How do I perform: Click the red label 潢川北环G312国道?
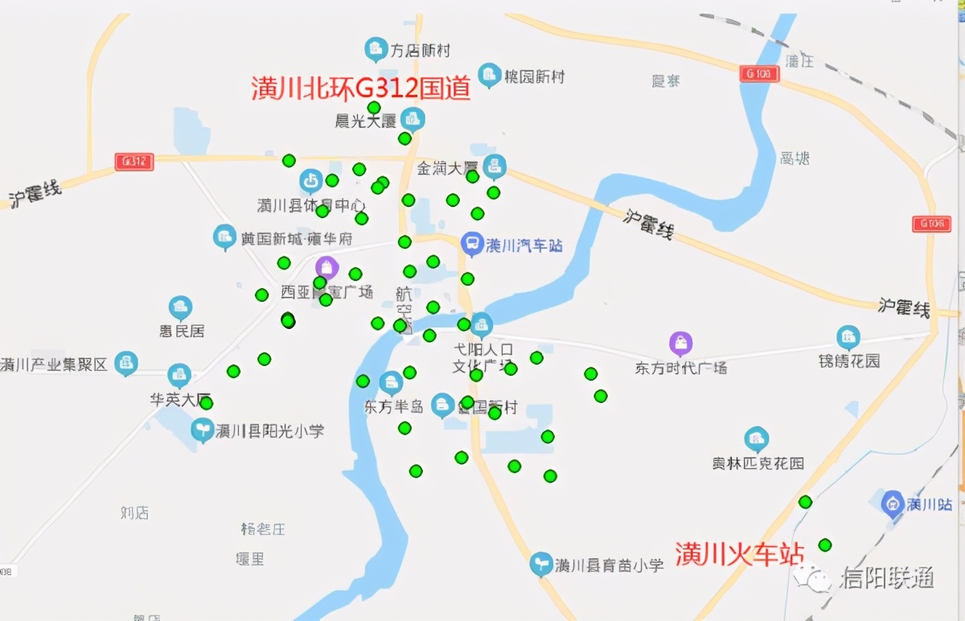[x=361, y=88]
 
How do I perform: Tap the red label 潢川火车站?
[x=739, y=554]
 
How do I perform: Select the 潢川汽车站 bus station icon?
[x=472, y=244]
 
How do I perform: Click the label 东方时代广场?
[x=681, y=368]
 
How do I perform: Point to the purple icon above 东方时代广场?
[x=681, y=343]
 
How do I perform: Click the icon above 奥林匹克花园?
[x=756, y=439]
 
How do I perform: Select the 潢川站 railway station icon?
[x=892, y=504]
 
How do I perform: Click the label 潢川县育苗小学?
[x=609, y=565]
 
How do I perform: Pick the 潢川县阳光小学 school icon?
[x=203, y=430]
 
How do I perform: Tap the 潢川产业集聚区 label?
[x=54, y=364]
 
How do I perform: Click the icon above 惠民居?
[x=180, y=307]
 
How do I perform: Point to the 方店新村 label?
[x=420, y=51]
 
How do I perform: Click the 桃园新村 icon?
[x=489, y=76]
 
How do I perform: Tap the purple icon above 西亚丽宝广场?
[x=326, y=267]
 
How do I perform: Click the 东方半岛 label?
[x=393, y=407]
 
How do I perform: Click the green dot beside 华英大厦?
[x=207, y=403]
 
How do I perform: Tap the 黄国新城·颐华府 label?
[x=297, y=239]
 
